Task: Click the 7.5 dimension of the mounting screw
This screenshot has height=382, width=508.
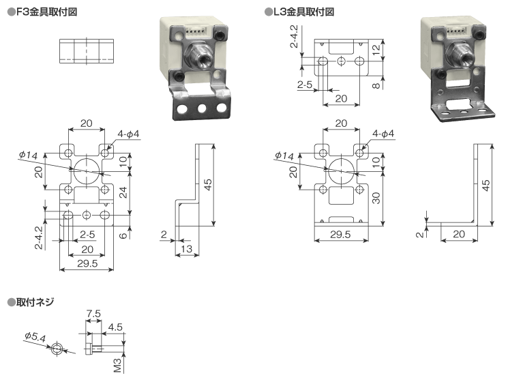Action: [x=94, y=314]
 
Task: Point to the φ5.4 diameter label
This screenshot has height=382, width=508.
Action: [x=34, y=337]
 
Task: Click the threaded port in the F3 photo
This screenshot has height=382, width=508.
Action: [x=200, y=54]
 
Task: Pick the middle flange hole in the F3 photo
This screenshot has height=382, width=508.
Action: [x=202, y=108]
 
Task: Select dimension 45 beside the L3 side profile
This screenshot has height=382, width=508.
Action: [x=485, y=185]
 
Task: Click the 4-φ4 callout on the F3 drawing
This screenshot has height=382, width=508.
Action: [x=128, y=134]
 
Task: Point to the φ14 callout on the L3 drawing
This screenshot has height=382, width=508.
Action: [x=284, y=156]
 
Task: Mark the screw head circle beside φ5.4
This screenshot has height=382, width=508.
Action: [x=58, y=349]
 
